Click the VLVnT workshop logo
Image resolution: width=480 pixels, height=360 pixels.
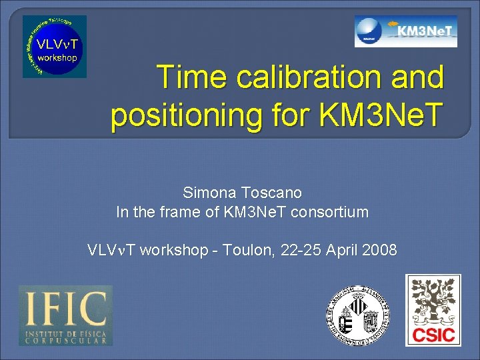(55, 47)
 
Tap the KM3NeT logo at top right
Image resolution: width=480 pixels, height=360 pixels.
(405, 31)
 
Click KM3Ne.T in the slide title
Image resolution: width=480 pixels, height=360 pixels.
(376, 115)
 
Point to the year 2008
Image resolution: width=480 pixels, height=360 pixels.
(381, 251)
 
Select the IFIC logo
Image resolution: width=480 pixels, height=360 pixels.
(65, 315)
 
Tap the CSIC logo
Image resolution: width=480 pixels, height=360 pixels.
(433, 310)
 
